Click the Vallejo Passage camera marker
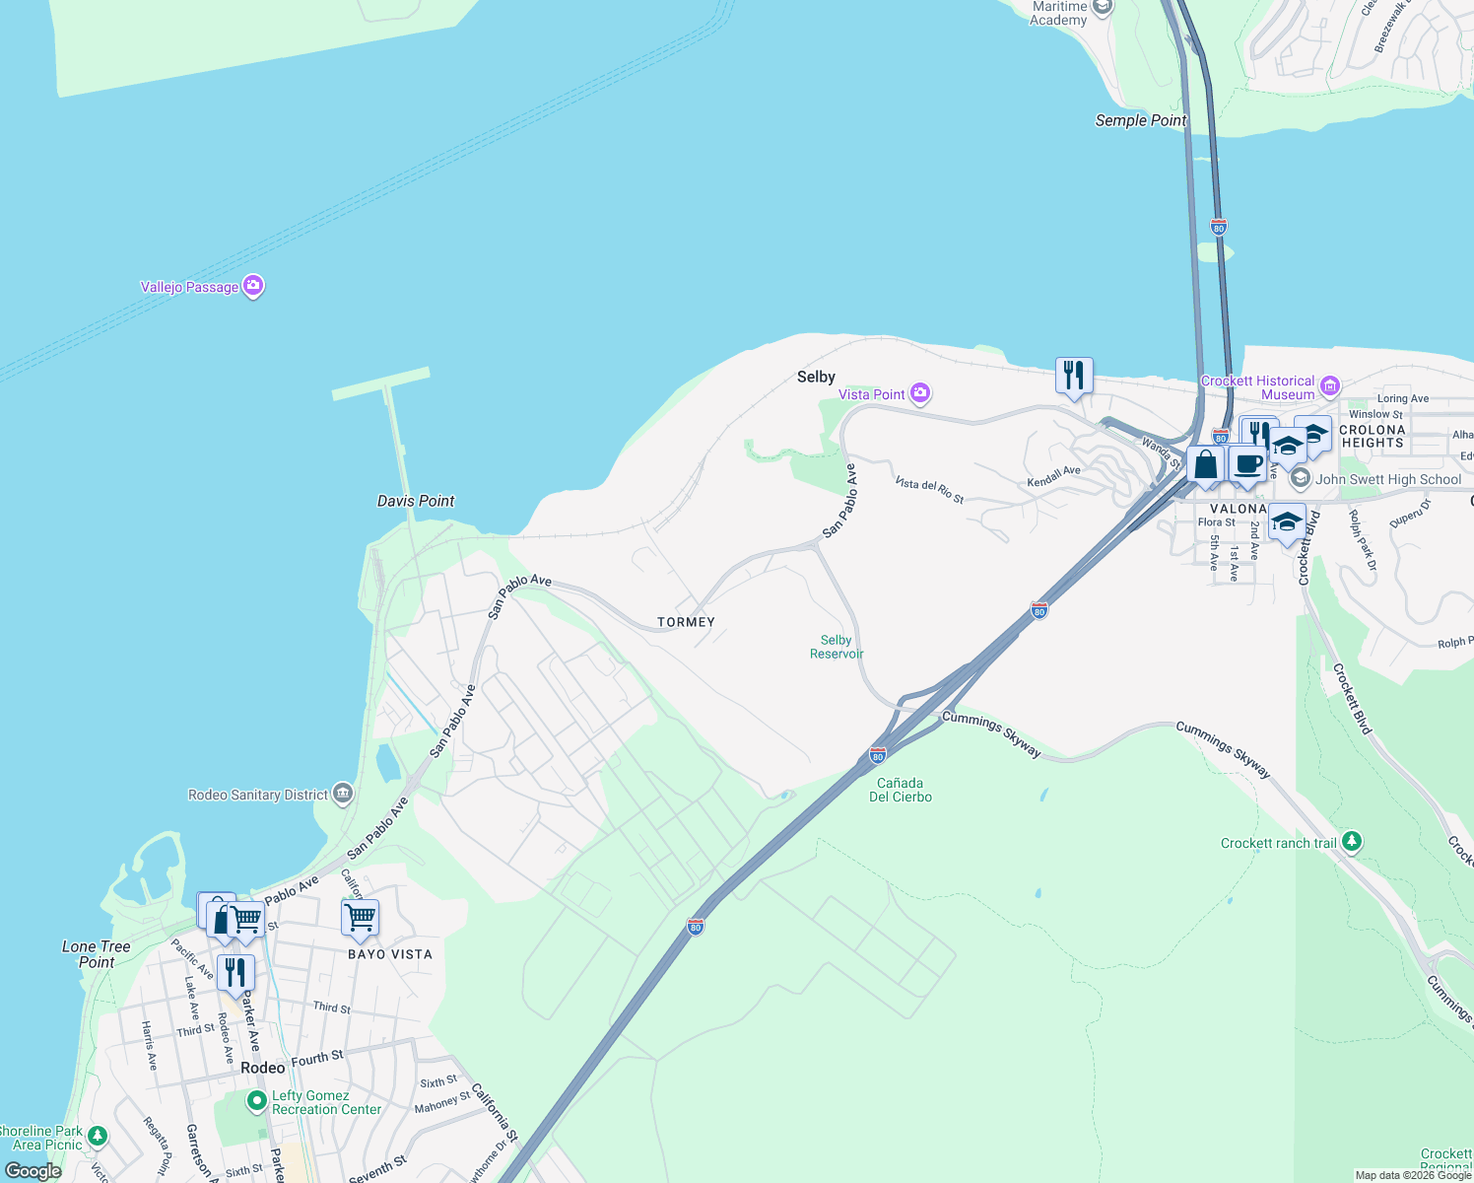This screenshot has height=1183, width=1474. coord(253,286)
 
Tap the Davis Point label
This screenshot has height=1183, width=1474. coord(416,501)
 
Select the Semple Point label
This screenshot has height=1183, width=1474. coord(1141,120)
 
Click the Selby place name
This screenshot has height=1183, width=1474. coord(816,377)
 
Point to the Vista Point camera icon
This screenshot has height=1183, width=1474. coord(920,394)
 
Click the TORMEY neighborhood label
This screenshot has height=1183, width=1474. coord(686,622)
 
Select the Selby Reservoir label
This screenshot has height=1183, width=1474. coord(837,647)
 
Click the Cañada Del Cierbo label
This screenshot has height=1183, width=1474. coord(900,790)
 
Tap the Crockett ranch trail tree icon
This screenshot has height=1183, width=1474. coord(1352,842)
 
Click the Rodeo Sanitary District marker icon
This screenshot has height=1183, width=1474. coord(342,794)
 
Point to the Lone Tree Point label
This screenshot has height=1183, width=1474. coord(96,954)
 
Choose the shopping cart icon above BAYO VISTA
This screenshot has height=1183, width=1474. coord(360,917)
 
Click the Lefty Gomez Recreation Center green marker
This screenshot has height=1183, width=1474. coord(256,1100)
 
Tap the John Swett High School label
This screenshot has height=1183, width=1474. coord(1388,479)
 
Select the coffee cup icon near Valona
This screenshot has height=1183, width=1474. coord(1247,464)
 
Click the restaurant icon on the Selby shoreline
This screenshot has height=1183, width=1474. coord(1074,376)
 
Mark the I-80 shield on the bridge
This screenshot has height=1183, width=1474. coord(1219,227)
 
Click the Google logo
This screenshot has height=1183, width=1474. coord(33,1171)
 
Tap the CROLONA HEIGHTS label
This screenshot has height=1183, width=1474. coord(1372,436)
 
